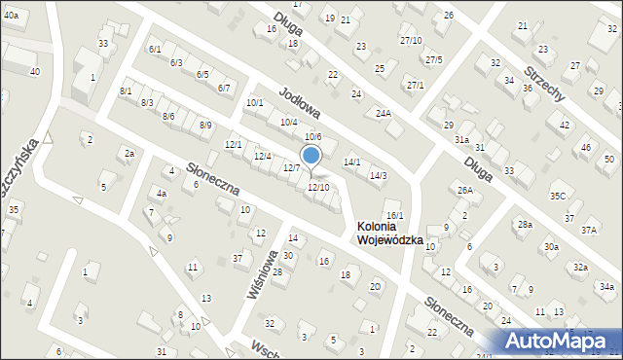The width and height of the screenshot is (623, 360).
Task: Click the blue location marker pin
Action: click(x=311, y=156)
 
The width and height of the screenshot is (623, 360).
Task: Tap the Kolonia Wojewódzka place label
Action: click(x=389, y=233)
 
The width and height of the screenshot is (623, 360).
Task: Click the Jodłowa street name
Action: click(x=300, y=106)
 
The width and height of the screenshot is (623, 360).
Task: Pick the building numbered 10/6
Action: click(x=312, y=137)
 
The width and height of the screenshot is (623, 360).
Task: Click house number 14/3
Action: click(x=378, y=175)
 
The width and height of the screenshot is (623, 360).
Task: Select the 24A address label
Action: click(x=384, y=114)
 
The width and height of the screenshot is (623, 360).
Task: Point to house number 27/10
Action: click(x=411, y=40)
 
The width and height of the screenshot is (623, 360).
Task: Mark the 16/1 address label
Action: click(x=394, y=215)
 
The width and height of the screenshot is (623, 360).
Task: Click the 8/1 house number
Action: click(x=126, y=90)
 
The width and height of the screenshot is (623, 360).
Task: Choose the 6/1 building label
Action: click(x=155, y=49)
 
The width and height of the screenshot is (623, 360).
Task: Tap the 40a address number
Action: click(x=10, y=17)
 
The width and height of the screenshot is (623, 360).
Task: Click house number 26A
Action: click(x=465, y=190)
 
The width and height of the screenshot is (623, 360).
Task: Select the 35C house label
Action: click(x=557, y=196)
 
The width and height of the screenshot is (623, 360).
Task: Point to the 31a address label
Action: click(x=461, y=140)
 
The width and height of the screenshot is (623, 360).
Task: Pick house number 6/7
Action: click(x=223, y=89)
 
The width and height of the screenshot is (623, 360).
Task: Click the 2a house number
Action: click(x=128, y=153)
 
